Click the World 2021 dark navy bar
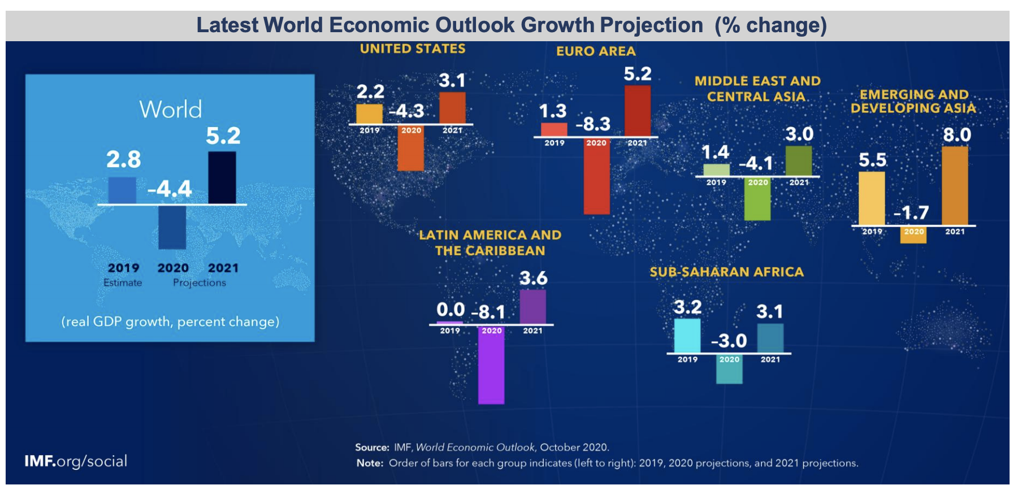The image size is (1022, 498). (222, 177)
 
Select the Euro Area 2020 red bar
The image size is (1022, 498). (596, 176)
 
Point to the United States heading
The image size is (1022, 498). (413, 49)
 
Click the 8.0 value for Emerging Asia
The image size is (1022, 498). (956, 135)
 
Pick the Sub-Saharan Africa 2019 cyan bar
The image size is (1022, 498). (687, 335)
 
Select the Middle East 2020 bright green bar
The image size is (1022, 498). (757, 199)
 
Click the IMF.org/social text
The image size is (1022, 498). (76, 461)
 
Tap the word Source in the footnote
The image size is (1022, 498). (372, 448)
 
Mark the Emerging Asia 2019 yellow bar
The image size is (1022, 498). (872, 198)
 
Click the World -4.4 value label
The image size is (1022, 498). (170, 189)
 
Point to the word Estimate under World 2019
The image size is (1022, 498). (123, 283)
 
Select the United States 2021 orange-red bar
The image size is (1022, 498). (452, 107)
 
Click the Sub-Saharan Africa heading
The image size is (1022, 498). (726, 272)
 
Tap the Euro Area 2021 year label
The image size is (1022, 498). (637, 143)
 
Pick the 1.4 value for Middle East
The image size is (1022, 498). (715, 152)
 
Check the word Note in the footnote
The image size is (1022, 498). (369, 464)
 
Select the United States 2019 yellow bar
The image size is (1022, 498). (369, 113)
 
